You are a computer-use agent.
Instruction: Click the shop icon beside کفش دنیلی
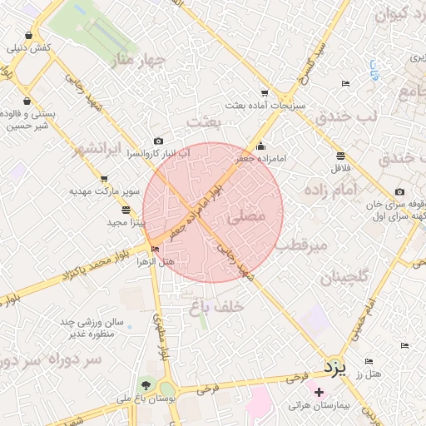29,36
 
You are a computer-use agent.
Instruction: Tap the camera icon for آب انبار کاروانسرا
158,141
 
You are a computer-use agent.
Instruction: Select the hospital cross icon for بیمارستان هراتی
319,391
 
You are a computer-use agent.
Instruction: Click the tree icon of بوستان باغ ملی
146,385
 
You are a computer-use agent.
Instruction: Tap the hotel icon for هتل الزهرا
155,249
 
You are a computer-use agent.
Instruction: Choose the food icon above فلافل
340,156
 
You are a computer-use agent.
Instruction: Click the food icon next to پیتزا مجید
125,210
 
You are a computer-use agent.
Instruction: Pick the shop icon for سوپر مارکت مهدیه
104,178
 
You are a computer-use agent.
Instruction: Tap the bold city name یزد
333,366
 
